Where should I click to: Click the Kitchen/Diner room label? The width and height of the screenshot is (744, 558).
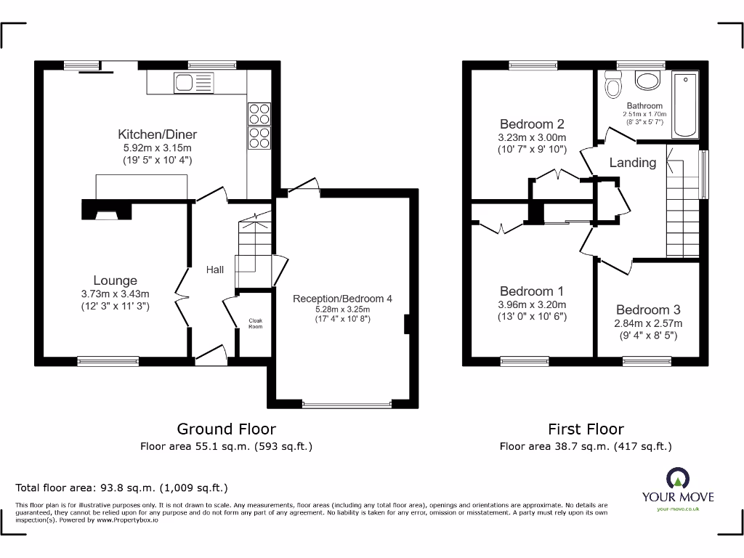158,134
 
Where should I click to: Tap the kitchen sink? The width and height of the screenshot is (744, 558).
194,84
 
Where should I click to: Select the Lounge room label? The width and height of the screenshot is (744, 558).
115,280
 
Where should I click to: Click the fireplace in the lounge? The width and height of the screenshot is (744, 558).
107,211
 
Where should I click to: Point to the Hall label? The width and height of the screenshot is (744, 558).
215,270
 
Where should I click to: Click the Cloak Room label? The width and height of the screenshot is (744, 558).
255,323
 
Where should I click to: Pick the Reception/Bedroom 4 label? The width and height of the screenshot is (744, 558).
342,299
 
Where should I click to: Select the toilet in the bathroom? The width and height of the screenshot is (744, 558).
614,88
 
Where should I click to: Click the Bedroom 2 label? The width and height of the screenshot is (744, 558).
532,124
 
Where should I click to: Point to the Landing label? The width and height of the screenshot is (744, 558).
632,163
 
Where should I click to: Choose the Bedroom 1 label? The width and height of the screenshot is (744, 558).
532,291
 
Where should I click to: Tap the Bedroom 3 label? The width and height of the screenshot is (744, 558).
648,310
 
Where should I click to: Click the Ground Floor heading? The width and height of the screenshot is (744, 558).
226,429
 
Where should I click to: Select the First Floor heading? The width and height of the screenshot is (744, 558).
586,429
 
